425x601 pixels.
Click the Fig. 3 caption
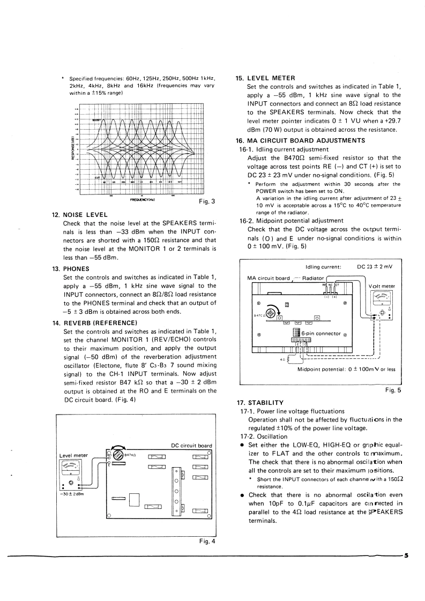pyautogui.click(x=206, y=202)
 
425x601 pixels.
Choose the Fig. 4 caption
pyautogui.click(x=206, y=541)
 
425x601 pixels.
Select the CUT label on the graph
pyautogui.click(x=98, y=177)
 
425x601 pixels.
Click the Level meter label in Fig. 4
pyautogui.click(x=73, y=456)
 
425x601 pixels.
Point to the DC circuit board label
pyautogui.click(x=191, y=445)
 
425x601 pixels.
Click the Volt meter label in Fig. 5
pyautogui.click(x=382, y=286)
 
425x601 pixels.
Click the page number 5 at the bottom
pyautogui.click(x=406, y=555)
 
